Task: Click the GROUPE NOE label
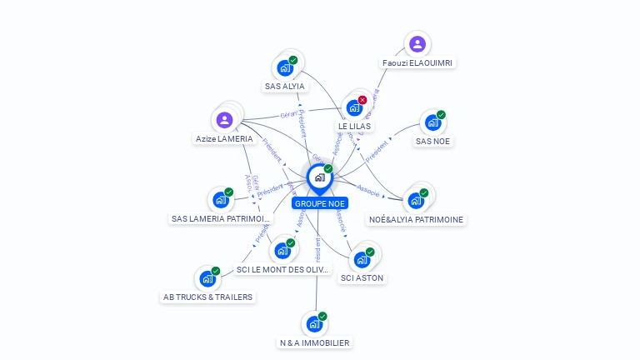tap(320, 203)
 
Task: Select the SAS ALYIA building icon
tap(285, 68)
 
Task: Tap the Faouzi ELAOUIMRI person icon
tap(417, 44)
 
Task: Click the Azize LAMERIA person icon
tap(224, 120)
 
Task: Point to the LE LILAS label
tap(355, 126)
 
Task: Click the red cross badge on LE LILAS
tap(362, 100)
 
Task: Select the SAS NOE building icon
tap(432, 123)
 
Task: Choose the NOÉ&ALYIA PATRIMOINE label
tap(416, 219)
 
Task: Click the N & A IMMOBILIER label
tap(314, 342)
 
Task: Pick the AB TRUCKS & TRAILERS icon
tap(207, 279)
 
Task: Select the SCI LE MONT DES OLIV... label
tap(283, 269)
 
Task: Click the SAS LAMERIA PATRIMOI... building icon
tap(220, 200)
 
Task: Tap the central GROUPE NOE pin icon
tap(319, 177)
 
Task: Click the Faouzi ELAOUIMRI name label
tap(418, 62)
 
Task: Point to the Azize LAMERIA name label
tap(223, 138)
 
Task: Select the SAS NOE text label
tap(432, 141)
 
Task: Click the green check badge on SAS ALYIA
tap(293, 60)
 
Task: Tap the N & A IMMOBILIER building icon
tap(314, 324)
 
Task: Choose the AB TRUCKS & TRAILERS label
tap(207, 297)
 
